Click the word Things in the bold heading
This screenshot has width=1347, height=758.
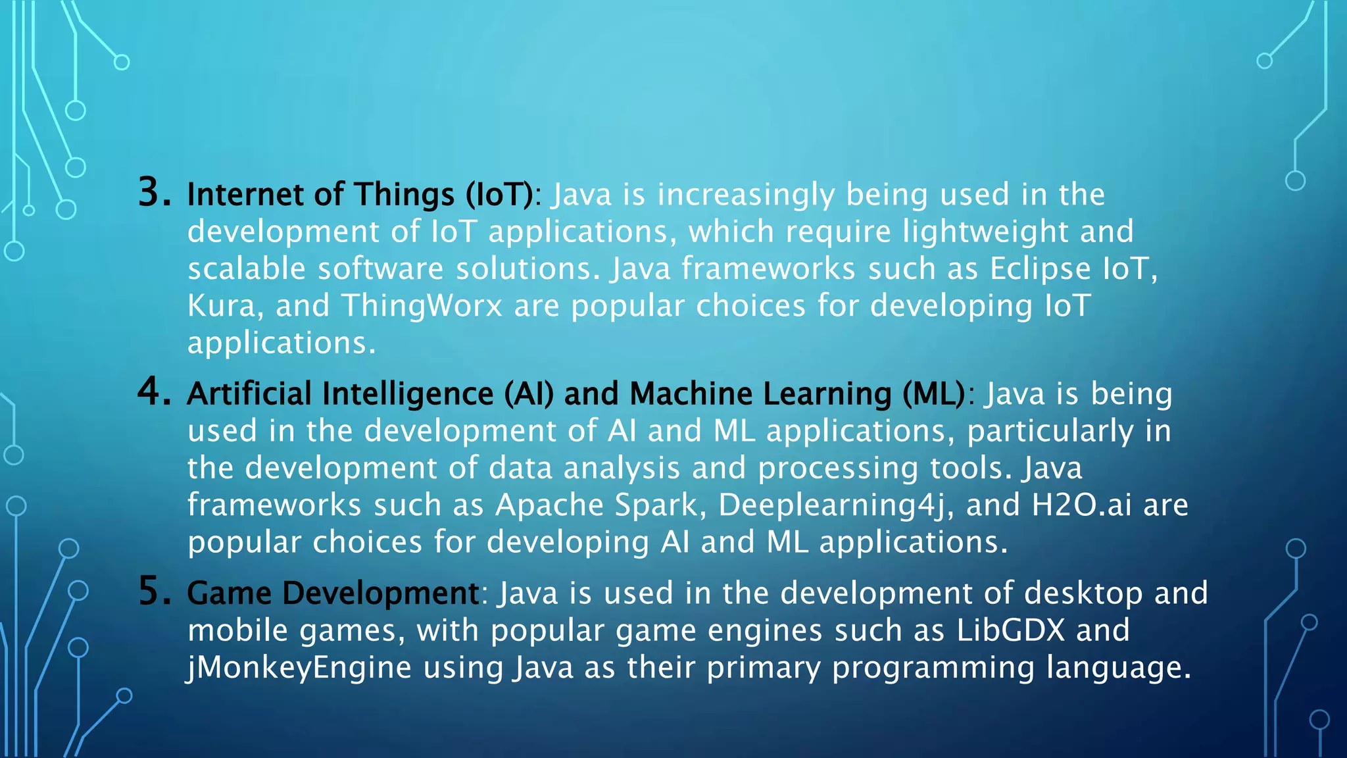point(404,195)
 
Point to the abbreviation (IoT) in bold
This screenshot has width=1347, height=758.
point(499,195)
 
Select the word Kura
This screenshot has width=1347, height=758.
point(220,306)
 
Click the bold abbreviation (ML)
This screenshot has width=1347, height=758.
point(933,394)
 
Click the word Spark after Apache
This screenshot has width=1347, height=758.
point(655,506)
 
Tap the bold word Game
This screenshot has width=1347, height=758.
point(229,594)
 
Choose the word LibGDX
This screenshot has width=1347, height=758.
point(1010,630)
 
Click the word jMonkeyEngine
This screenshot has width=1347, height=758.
point(299,668)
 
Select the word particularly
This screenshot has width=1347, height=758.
point(1050,432)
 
